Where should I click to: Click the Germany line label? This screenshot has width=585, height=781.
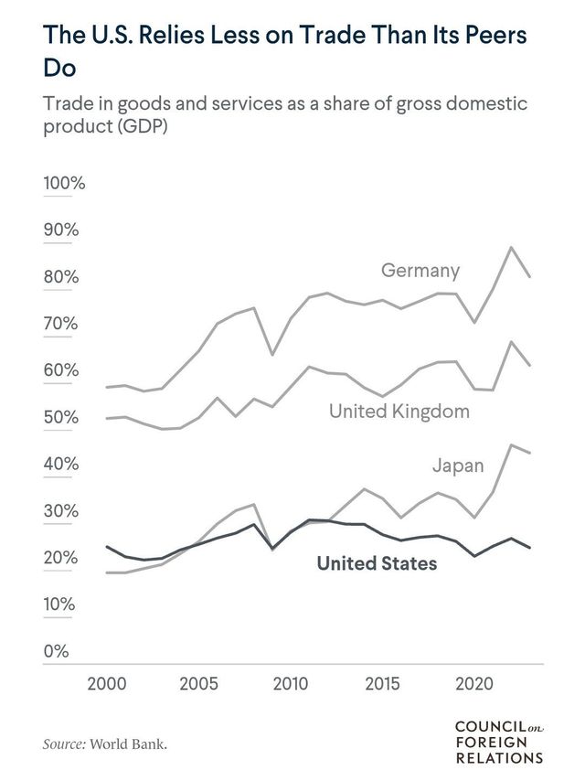[420, 271]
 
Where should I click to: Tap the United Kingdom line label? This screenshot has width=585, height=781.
[399, 412]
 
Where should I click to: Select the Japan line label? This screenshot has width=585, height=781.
[458, 465]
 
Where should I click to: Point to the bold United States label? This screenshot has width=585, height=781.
[377, 563]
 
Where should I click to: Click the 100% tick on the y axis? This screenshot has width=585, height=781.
[64, 183]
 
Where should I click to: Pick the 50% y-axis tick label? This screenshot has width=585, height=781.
[60, 418]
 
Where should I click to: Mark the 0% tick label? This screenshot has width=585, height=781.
[56, 652]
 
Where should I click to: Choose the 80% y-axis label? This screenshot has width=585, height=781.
[60, 277]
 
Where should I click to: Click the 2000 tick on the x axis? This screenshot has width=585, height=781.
[107, 683]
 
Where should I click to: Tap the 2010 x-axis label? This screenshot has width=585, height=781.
[290, 683]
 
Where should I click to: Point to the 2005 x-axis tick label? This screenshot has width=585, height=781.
[199, 683]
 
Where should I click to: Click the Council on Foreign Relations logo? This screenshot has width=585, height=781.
[498, 741]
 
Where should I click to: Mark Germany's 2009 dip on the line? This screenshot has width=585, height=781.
[271, 354]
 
